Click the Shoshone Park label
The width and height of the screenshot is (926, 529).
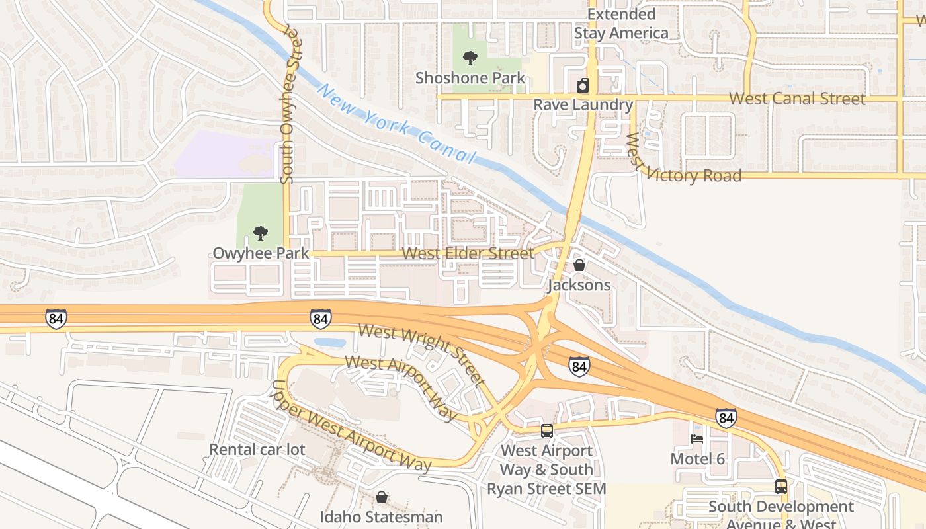(x=470, y=78)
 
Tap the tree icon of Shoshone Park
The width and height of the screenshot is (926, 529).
(x=470, y=58)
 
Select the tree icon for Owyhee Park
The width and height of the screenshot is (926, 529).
(x=261, y=233)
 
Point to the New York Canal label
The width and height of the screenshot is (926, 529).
(x=398, y=124)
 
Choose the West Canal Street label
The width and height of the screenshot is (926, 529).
(x=797, y=99)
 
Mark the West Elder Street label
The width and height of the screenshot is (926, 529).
(x=468, y=253)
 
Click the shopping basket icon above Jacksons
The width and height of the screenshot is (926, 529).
(x=579, y=265)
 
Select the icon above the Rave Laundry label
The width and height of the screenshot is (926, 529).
(x=583, y=85)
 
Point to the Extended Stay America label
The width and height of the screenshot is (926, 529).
(x=621, y=24)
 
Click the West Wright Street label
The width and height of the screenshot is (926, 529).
(x=421, y=354)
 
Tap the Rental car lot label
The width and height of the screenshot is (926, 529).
(x=257, y=450)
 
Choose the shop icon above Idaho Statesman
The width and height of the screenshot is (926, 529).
(x=382, y=497)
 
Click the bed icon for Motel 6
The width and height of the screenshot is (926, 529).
(x=697, y=438)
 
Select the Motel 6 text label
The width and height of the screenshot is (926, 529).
(x=698, y=459)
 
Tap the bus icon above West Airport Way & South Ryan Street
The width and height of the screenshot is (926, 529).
(x=547, y=430)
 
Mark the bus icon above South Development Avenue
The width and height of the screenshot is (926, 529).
(x=781, y=487)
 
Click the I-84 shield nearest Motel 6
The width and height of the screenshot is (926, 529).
(x=726, y=418)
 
